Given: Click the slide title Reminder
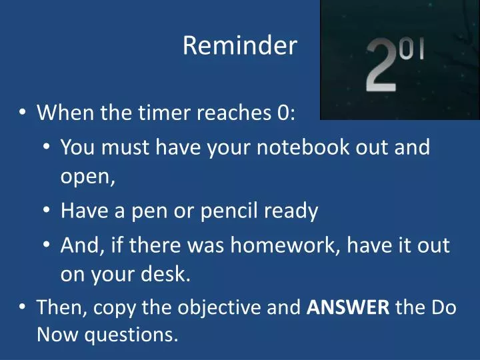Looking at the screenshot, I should tap(239, 46).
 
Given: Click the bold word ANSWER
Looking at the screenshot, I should tap(348, 307).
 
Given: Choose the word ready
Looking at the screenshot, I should tap(293, 211).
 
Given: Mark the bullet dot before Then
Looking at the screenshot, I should tap(23, 307).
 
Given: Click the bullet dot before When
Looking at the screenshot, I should tap(23, 113).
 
